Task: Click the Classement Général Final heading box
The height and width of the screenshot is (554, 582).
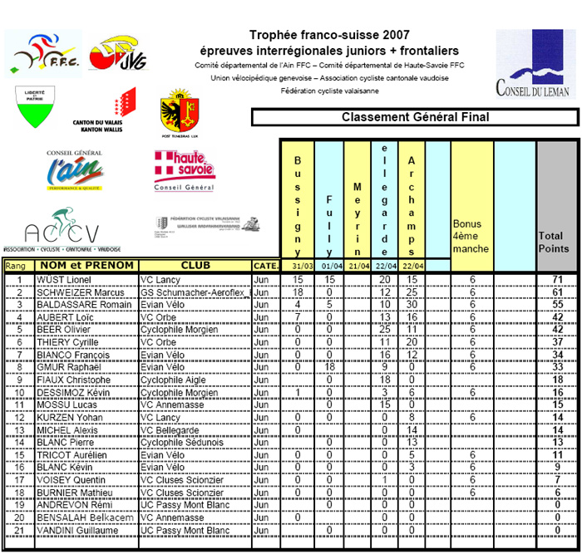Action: tap(414, 117)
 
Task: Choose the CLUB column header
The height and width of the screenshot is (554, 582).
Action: tap(195, 266)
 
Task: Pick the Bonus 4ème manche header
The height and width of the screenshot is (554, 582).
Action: tap(471, 236)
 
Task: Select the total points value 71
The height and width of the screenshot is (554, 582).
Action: tap(558, 281)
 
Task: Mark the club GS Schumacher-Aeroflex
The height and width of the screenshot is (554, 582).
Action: tap(192, 293)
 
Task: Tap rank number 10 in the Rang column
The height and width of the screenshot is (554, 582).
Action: tap(18, 393)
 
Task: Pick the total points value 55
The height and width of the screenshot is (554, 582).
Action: tap(558, 306)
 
